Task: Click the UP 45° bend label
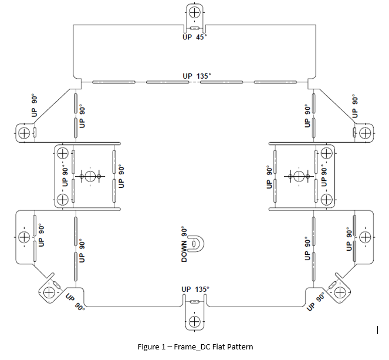click(x=195, y=37)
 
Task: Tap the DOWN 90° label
click(x=184, y=244)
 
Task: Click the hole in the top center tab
click(x=195, y=12)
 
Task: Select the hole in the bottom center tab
click(x=195, y=322)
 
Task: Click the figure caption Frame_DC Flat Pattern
click(x=195, y=346)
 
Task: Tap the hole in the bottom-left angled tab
click(x=49, y=292)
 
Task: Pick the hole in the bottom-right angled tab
click(x=340, y=292)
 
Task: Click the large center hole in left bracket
click(x=90, y=177)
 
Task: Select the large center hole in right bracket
click(x=299, y=177)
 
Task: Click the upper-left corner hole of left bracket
click(x=63, y=153)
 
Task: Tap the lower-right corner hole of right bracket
click(x=326, y=200)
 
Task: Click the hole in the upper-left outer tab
click(x=24, y=133)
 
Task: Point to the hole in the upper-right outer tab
click(x=365, y=133)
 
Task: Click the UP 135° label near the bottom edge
click(x=195, y=290)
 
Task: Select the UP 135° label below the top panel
click(x=197, y=76)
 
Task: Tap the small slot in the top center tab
click(x=195, y=28)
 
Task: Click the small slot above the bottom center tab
click(x=195, y=302)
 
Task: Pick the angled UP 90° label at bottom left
click(x=75, y=302)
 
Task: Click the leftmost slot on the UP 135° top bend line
click(x=114, y=82)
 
